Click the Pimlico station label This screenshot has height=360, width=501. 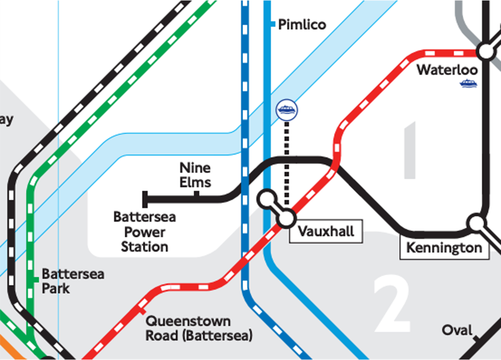302,25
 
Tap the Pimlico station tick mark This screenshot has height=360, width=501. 272,25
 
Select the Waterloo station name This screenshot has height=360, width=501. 447,70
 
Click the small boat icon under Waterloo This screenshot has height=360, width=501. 468,83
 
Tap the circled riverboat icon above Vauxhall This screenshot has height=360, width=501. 287,110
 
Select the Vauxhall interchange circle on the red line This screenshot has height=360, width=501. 286,218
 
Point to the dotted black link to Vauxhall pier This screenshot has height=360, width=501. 287,160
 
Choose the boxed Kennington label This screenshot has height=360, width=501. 444,248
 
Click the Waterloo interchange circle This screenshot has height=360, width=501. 486,51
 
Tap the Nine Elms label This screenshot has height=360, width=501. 195,175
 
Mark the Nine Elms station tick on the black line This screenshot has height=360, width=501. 197,195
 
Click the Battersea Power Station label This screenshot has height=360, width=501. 144,232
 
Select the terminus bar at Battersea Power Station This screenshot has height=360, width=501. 144,199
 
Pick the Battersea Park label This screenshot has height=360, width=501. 73,281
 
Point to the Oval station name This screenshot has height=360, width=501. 457,331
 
